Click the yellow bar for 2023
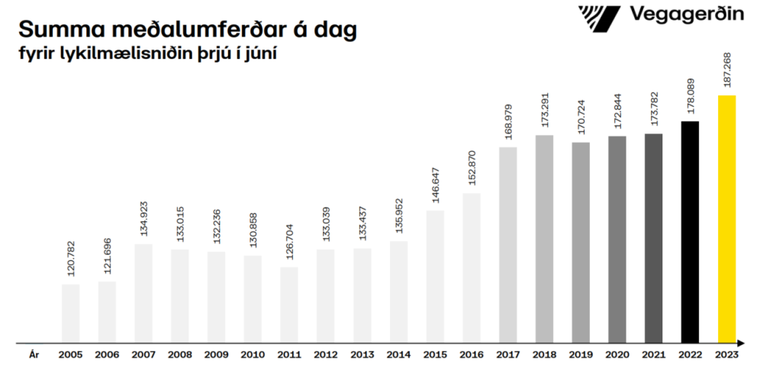726,219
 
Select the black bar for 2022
690,232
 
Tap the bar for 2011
289,305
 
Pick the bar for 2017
508,245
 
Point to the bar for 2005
70,314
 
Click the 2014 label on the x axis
398,355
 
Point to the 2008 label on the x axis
179,355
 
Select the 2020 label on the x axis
617,355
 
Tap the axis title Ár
34,355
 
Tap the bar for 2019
581,243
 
